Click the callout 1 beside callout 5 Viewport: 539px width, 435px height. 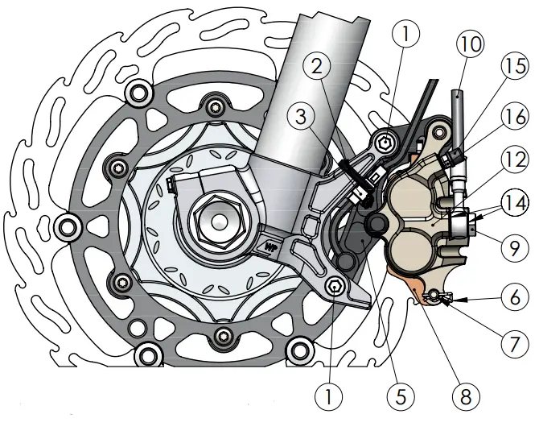(328, 395)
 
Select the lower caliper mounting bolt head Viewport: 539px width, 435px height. (333, 285)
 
